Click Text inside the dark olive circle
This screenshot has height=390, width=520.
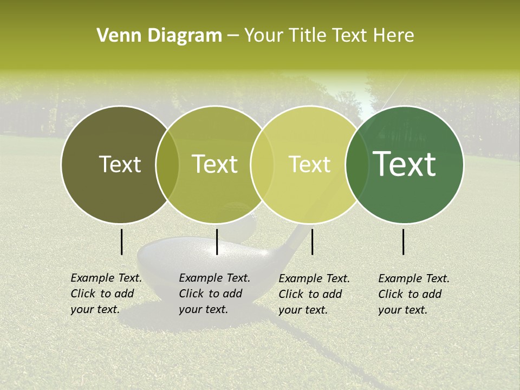120,164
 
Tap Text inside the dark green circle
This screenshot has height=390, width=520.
405,164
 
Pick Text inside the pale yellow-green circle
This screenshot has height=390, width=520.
309,164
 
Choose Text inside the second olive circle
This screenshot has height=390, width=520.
214,164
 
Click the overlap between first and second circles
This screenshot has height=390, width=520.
167,164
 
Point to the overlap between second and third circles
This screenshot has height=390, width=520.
262,164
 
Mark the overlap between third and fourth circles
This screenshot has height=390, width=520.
357,164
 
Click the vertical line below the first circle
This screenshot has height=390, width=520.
121,242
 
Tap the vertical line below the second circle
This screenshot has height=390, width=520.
217,242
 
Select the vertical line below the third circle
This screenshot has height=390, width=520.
312,242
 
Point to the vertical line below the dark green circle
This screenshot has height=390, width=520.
403,242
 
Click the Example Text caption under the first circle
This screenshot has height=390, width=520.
106,294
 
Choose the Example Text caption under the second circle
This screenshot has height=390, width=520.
214,294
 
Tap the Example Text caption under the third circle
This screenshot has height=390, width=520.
314,294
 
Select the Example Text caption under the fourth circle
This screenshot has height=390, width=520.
414,294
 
